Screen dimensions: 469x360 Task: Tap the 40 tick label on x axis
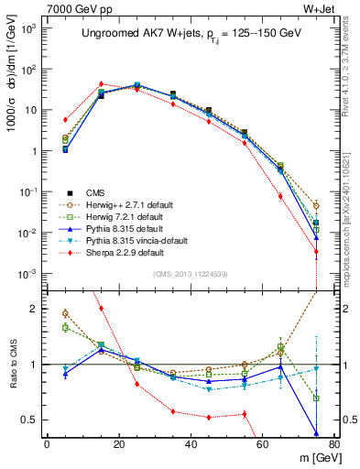tap(191, 444)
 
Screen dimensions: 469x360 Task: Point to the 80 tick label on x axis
tap(334, 444)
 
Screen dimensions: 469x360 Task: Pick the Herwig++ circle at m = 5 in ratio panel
tap(64, 313)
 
